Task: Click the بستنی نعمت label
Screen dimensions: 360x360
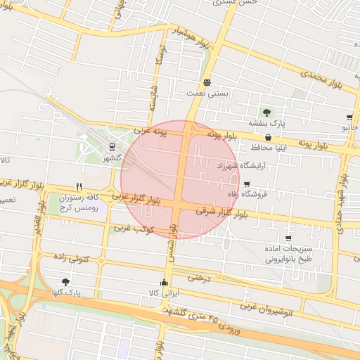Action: click(x=203, y=93)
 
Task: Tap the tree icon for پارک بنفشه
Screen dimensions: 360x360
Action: click(x=266, y=112)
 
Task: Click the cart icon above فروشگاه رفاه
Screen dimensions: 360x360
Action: click(x=246, y=184)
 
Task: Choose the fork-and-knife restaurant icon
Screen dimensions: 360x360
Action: click(x=79, y=187)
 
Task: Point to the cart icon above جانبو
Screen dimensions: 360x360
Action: click(x=349, y=117)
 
